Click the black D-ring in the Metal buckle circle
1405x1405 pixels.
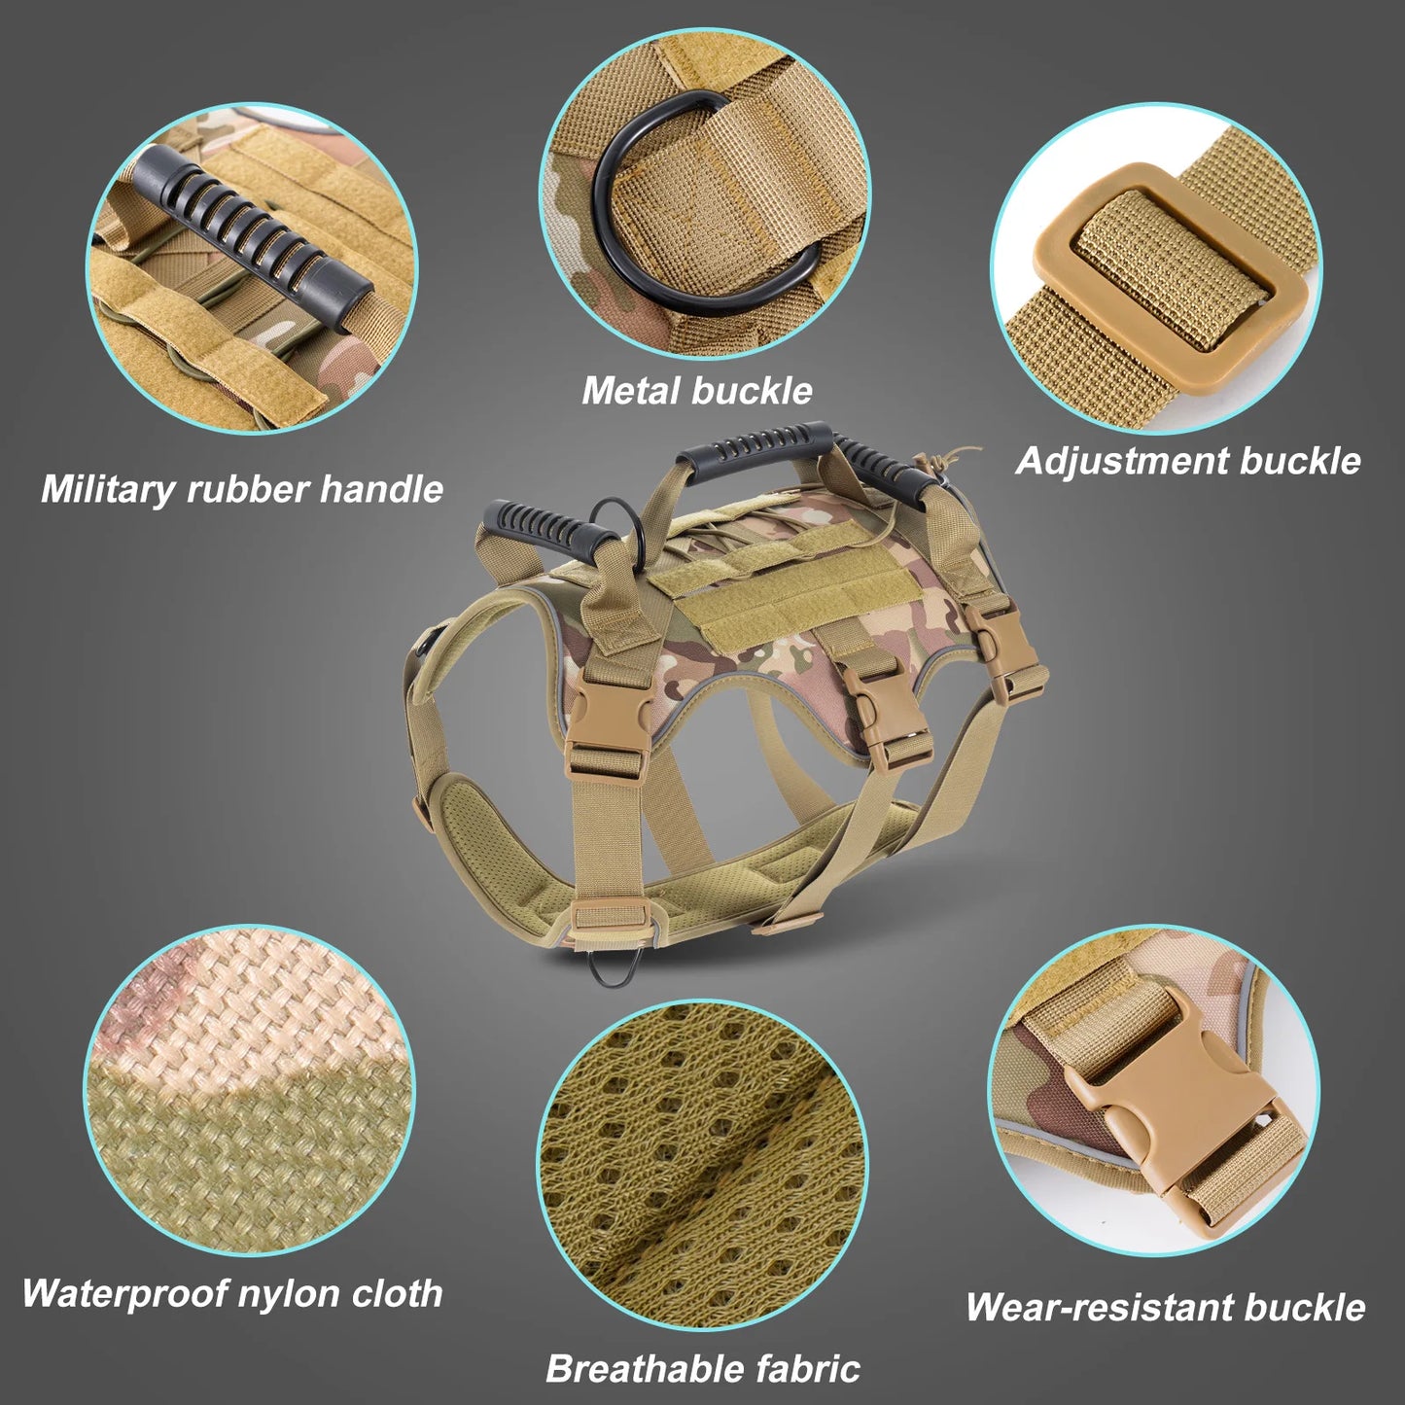tap(622, 233)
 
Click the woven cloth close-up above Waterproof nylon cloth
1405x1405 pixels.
tap(249, 1089)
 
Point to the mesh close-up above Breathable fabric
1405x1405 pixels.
tap(702, 1163)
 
